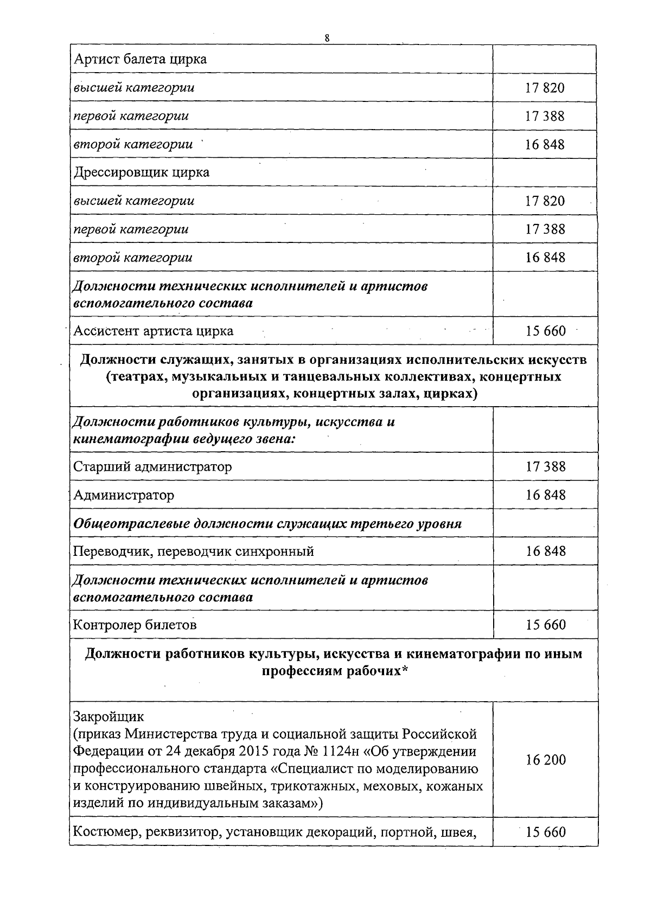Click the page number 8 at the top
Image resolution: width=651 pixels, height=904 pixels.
(327, 38)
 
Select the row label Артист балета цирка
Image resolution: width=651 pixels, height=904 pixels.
(140, 59)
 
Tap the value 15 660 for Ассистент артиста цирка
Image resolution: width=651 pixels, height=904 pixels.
(545, 331)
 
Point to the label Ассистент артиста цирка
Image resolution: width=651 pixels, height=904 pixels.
(154, 331)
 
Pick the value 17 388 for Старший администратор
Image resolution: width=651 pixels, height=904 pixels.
(545, 466)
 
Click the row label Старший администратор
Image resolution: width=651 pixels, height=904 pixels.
(152, 466)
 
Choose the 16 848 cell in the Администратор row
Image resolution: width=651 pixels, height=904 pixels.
(545, 495)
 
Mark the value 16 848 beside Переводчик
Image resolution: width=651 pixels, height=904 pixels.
(545, 552)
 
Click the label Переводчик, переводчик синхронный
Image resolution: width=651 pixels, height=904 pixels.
(194, 552)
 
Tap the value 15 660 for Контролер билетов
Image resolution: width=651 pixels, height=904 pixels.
(545, 625)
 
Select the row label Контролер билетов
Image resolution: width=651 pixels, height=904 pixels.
(135, 625)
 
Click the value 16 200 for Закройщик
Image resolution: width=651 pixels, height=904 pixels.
(545, 760)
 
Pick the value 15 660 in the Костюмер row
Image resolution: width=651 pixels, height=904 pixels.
(545, 832)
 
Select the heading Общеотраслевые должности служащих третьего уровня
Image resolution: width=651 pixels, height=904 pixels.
(267, 524)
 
